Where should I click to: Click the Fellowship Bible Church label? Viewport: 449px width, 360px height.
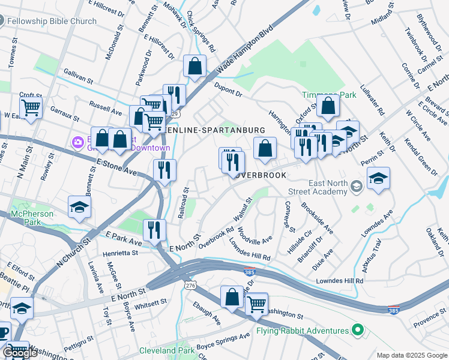point(52,22)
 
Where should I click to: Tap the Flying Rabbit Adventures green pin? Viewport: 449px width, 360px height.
point(358,331)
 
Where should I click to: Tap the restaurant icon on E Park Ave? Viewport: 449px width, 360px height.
point(154,229)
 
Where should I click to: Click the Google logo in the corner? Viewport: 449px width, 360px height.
point(19,353)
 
